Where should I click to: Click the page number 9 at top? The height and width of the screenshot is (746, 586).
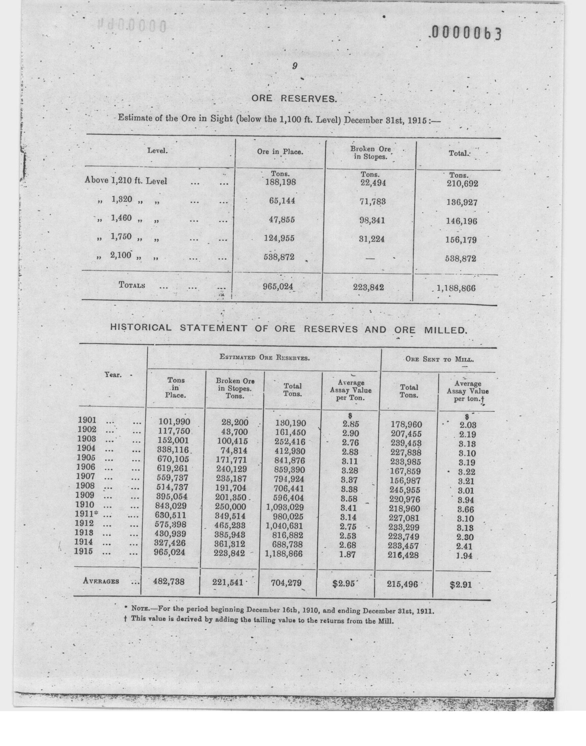pyautogui.click(x=294, y=66)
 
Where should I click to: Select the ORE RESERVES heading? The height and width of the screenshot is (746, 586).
pyautogui.click(x=294, y=99)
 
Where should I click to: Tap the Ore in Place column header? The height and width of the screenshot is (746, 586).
pyautogui.click(x=280, y=152)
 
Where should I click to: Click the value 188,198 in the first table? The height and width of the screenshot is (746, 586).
pyautogui.click(x=280, y=182)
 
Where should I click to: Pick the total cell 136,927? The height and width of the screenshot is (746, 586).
pyautogui.click(x=462, y=202)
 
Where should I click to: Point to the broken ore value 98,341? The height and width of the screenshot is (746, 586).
pyautogui.click(x=372, y=220)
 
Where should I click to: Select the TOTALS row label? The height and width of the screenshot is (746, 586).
pyautogui.click(x=132, y=285)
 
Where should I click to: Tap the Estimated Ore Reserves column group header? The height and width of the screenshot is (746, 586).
pyautogui.click(x=265, y=357)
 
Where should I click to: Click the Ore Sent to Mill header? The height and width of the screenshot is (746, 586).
pyautogui.click(x=439, y=359)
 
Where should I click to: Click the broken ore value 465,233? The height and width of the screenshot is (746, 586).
pyautogui.click(x=230, y=525)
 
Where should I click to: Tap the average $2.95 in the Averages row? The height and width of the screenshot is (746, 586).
pyautogui.click(x=343, y=584)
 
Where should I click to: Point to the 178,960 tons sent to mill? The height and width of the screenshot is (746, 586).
pyautogui.click(x=406, y=425)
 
